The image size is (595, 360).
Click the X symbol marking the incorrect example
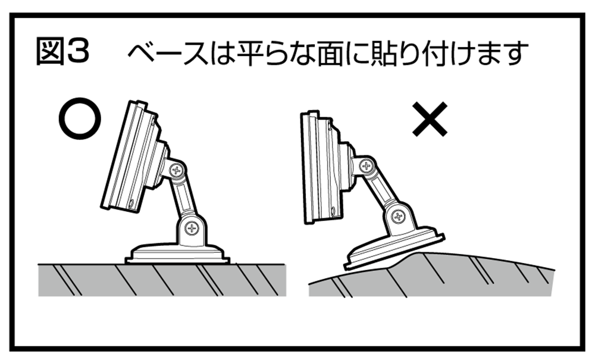pos(430,119)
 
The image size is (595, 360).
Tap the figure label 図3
pos(62,51)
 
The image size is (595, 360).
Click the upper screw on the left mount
pos(177,170)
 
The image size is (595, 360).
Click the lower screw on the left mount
pos(192,228)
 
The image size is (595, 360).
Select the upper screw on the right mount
pos(366,165)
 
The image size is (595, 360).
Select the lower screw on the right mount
pos(398,217)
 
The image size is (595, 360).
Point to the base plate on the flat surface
pos(177,253)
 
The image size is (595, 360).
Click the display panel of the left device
pos(129,155)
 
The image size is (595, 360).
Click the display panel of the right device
pos(319,168)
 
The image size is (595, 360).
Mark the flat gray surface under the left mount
pos(162,280)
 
